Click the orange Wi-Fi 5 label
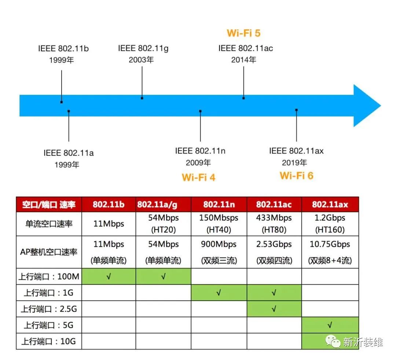point(243,33)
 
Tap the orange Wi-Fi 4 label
point(198,178)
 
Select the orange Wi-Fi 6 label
point(297,176)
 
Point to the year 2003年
point(141,60)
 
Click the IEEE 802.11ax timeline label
point(296,151)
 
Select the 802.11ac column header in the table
point(274,204)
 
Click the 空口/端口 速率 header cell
point(49,204)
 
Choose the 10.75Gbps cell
point(330,244)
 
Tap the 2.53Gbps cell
point(274,244)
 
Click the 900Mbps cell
point(219,244)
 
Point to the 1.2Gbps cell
point(330,218)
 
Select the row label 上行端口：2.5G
point(49,309)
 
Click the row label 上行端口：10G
point(49,341)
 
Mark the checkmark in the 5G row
point(330,325)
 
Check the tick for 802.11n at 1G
point(219,293)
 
